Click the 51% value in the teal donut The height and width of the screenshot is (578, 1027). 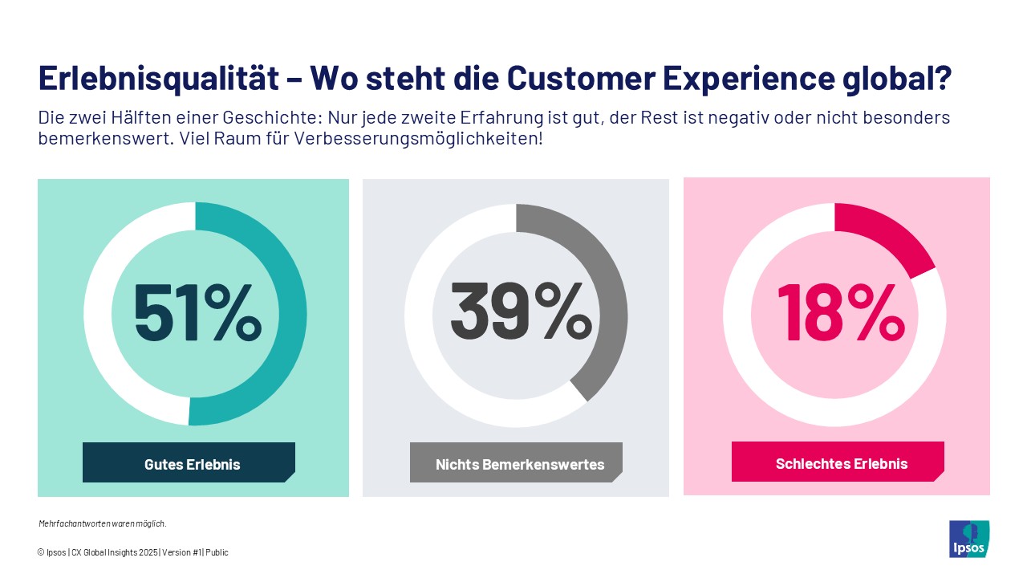click(x=197, y=313)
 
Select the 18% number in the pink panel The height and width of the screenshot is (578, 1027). click(x=839, y=313)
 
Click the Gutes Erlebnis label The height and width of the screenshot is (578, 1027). click(x=192, y=464)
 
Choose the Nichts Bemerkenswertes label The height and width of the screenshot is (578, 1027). click(x=519, y=464)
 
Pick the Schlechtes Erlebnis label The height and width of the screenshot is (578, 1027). click(x=841, y=463)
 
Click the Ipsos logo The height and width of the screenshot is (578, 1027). click(x=968, y=539)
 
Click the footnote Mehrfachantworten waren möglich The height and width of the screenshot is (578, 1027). click(x=103, y=523)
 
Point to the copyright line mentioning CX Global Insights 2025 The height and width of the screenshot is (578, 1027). click(x=132, y=552)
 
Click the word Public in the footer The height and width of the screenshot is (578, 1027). click(x=217, y=552)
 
